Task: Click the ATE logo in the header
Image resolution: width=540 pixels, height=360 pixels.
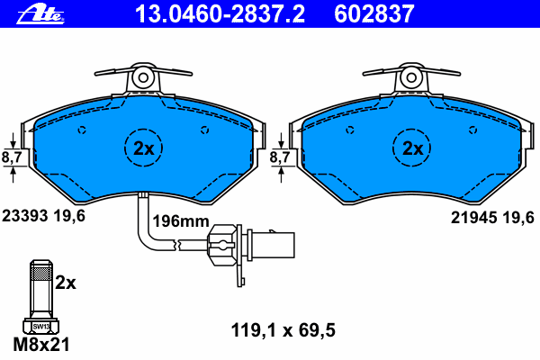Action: click(x=40, y=13)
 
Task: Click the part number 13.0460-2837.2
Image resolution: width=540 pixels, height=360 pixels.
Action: click(x=220, y=14)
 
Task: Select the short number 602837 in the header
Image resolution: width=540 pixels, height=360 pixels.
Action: click(x=374, y=14)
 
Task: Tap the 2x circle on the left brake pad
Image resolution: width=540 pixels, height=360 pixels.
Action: click(x=143, y=148)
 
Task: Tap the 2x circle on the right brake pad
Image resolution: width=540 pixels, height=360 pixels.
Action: click(x=411, y=148)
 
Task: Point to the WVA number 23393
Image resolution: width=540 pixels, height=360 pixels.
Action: click(x=25, y=216)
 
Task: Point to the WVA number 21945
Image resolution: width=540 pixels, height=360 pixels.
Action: click(x=474, y=218)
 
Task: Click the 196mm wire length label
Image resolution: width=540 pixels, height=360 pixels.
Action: click(x=181, y=221)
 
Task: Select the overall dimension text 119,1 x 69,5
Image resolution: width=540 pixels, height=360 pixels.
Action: click(x=283, y=330)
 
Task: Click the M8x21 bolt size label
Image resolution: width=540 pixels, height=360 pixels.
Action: click(x=41, y=345)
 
